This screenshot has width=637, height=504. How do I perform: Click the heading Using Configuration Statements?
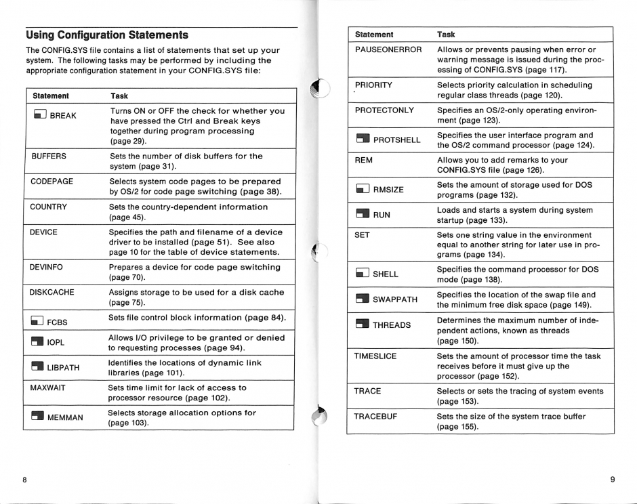107,35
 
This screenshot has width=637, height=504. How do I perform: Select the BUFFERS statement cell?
49,156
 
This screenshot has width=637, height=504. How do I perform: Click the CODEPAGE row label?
52,182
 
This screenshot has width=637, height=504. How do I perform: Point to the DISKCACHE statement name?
53,293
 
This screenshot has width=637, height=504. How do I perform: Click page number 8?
24,480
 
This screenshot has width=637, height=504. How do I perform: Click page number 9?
612,480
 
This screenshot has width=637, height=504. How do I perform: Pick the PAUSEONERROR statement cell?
388,49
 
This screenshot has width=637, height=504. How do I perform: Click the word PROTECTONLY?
384,110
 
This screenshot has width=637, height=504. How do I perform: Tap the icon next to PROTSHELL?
363,140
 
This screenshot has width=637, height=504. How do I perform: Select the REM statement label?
364,161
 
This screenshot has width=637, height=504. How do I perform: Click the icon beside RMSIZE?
363,190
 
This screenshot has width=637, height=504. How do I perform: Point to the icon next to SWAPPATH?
363,299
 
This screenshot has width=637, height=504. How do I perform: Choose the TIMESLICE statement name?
375,356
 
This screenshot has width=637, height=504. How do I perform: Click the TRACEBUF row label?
375,417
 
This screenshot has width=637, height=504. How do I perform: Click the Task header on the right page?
446,34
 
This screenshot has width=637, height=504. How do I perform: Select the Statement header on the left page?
51,96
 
